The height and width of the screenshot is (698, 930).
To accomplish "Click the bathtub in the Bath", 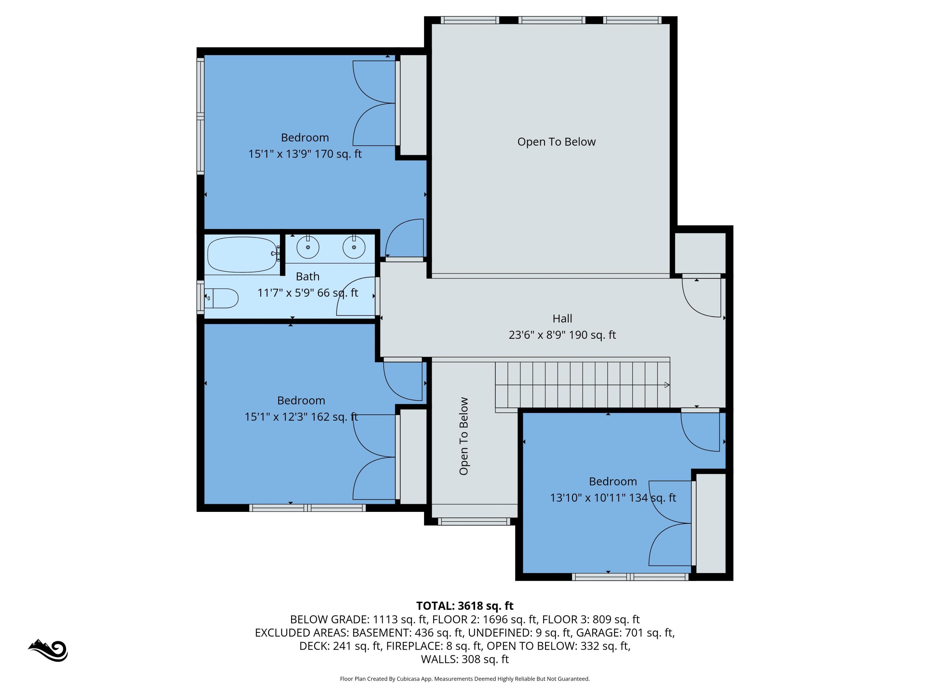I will tap(242, 255).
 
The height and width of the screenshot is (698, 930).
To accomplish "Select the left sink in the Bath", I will tap(308, 247).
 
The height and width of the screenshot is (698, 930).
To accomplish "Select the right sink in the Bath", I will tap(354, 247).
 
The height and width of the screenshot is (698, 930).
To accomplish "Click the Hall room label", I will tap(562, 319).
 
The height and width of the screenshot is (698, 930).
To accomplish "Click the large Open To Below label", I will tap(556, 142).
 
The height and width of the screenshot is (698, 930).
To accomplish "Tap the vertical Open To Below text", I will tap(464, 436).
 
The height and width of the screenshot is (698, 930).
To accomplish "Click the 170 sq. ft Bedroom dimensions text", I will tap(305, 154).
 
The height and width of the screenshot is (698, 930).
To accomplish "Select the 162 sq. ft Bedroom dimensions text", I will tap(301, 417).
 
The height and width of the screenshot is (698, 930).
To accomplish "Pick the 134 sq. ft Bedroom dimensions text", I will tap(613, 498).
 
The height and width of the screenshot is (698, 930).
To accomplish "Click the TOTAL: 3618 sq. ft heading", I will tap(465, 606).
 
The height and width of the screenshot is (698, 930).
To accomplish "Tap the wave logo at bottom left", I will tap(48, 651).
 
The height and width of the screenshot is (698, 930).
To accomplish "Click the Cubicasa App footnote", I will tap(465, 679).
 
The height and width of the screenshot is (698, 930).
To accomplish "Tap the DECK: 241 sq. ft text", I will tap(340, 646).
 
